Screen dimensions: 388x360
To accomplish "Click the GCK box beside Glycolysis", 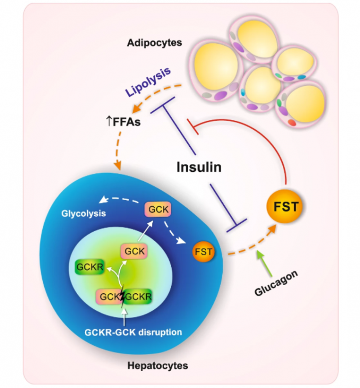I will click(x=158, y=209).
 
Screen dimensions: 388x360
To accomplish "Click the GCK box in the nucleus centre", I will click(x=134, y=252).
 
